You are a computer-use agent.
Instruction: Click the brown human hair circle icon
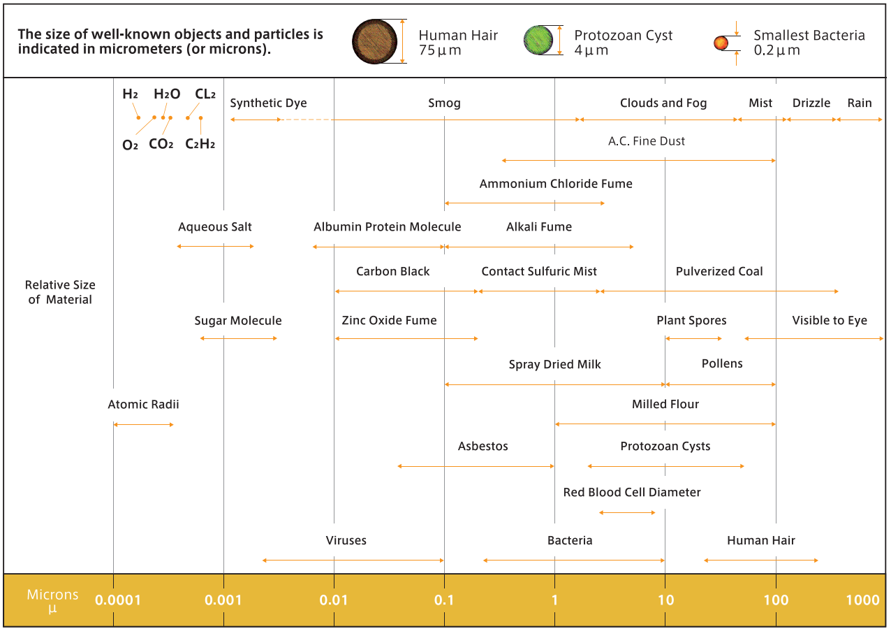point(375,41)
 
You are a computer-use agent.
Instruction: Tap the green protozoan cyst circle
point(538,41)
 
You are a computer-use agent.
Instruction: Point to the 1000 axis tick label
point(862,600)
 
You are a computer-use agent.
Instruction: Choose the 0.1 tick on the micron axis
point(444,600)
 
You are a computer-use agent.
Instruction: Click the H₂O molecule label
point(167,94)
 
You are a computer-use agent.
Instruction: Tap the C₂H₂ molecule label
point(200,145)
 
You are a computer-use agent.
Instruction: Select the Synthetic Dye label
point(268,103)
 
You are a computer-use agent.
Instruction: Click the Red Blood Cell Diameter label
point(632,493)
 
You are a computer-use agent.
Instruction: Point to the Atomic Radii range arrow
point(143,424)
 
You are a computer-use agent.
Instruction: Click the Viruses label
point(346,540)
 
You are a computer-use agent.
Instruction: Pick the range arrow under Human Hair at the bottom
point(760,561)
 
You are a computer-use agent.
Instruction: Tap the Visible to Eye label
point(830,321)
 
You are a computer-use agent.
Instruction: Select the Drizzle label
point(811,103)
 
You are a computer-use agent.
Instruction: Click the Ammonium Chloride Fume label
point(556,185)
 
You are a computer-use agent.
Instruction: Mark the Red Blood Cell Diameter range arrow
point(627,513)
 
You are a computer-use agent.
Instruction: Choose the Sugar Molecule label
point(238,321)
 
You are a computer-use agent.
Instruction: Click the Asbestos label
point(483,447)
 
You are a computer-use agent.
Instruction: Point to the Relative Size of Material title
point(60,292)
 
